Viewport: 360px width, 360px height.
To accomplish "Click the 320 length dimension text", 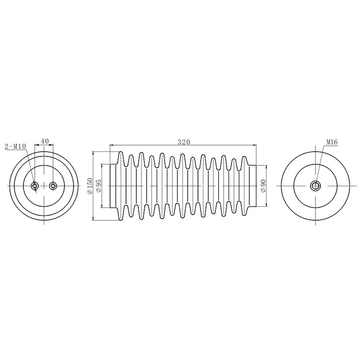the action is click(184, 142).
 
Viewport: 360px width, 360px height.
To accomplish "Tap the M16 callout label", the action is click(332, 142).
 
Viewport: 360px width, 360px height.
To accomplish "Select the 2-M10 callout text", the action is click(16, 147).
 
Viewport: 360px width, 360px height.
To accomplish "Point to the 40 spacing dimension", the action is click(45, 141).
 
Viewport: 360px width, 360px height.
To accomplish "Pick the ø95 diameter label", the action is click(98, 186).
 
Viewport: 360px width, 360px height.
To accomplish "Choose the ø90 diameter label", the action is click(263, 186).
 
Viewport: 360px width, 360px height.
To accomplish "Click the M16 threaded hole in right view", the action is click(315, 185).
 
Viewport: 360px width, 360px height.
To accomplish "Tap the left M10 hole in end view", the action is click(35, 185).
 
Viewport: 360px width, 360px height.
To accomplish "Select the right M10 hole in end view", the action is click(53, 185).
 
